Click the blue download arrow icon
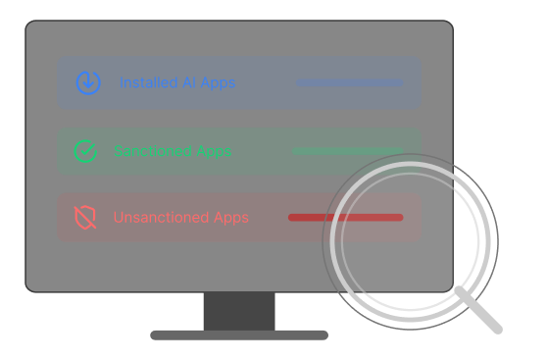pyautogui.click(x=88, y=82)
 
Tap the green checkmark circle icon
pyautogui.click(x=86, y=151)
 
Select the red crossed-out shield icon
pyautogui.click(x=86, y=218)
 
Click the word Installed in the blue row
pyautogui.click(x=148, y=83)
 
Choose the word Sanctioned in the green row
pyautogui.click(x=151, y=151)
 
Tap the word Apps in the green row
pyautogui.click(x=214, y=151)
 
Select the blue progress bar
pyautogui.click(x=349, y=83)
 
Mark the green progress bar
pyautogui.click(x=347, y=151)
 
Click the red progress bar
pyautogui.click(x=345, y=218)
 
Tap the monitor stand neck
pyautogui.click(x=239, y=311)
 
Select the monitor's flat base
pyautogui.click(x=239, y=334)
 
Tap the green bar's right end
pyautogui.click(x=400, y=151)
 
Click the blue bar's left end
pyautogui.click(x=299, y=83)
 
